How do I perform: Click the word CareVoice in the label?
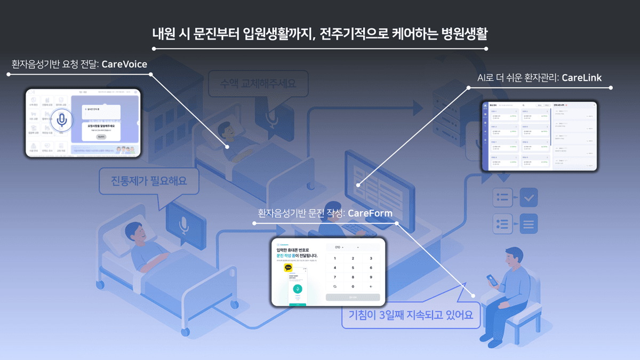(x=124, y=65)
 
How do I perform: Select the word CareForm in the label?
(x=370, y=213)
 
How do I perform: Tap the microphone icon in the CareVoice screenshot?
(x=62, y=121)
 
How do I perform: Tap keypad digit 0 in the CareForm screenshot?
(x=353, y=286)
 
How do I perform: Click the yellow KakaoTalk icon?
(x=289, y=268)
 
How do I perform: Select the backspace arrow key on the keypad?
(x=371, y=286)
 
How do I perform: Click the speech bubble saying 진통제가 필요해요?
(x=142, y=182)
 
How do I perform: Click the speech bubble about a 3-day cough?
(x=410, y=315)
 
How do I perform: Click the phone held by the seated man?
(x=491, y=280)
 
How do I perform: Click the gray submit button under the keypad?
(x=353, y=297)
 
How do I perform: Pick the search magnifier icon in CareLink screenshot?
(x=524, y=106)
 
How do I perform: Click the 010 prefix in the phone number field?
(x=338, y=247)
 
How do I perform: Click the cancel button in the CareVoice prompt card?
(x=101, y=137)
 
